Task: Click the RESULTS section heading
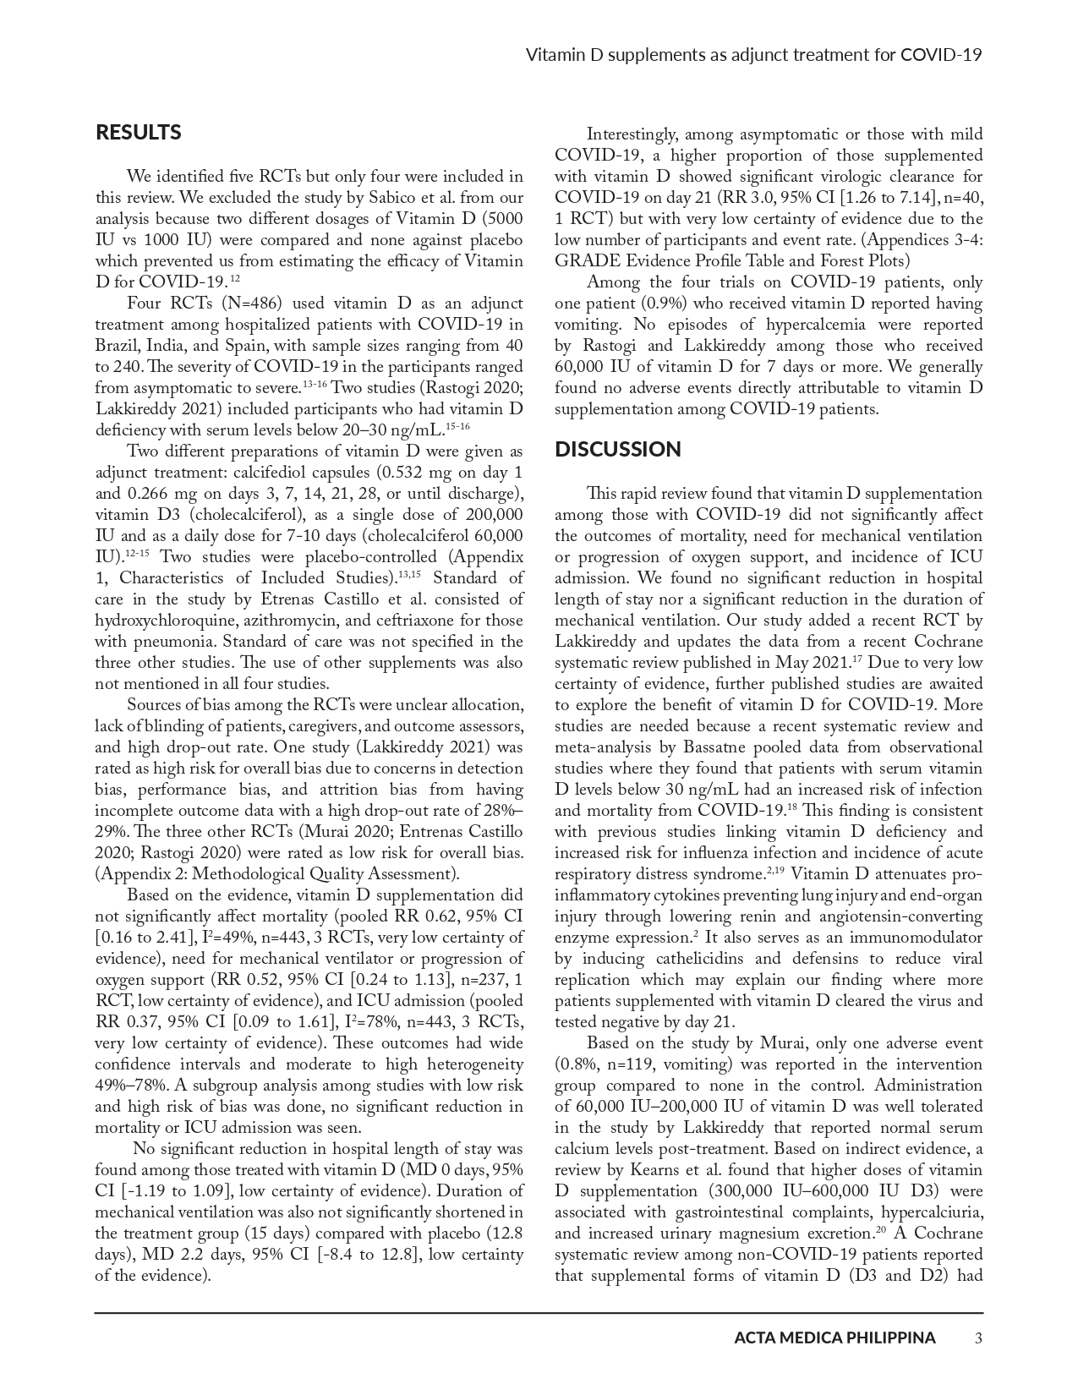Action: pos(138,133)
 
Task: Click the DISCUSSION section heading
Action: pos(617,449)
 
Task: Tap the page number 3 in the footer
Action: pos(978,1338)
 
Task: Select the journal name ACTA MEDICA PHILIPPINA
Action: pos(834,1338)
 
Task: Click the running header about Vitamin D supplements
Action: pos(753,56)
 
